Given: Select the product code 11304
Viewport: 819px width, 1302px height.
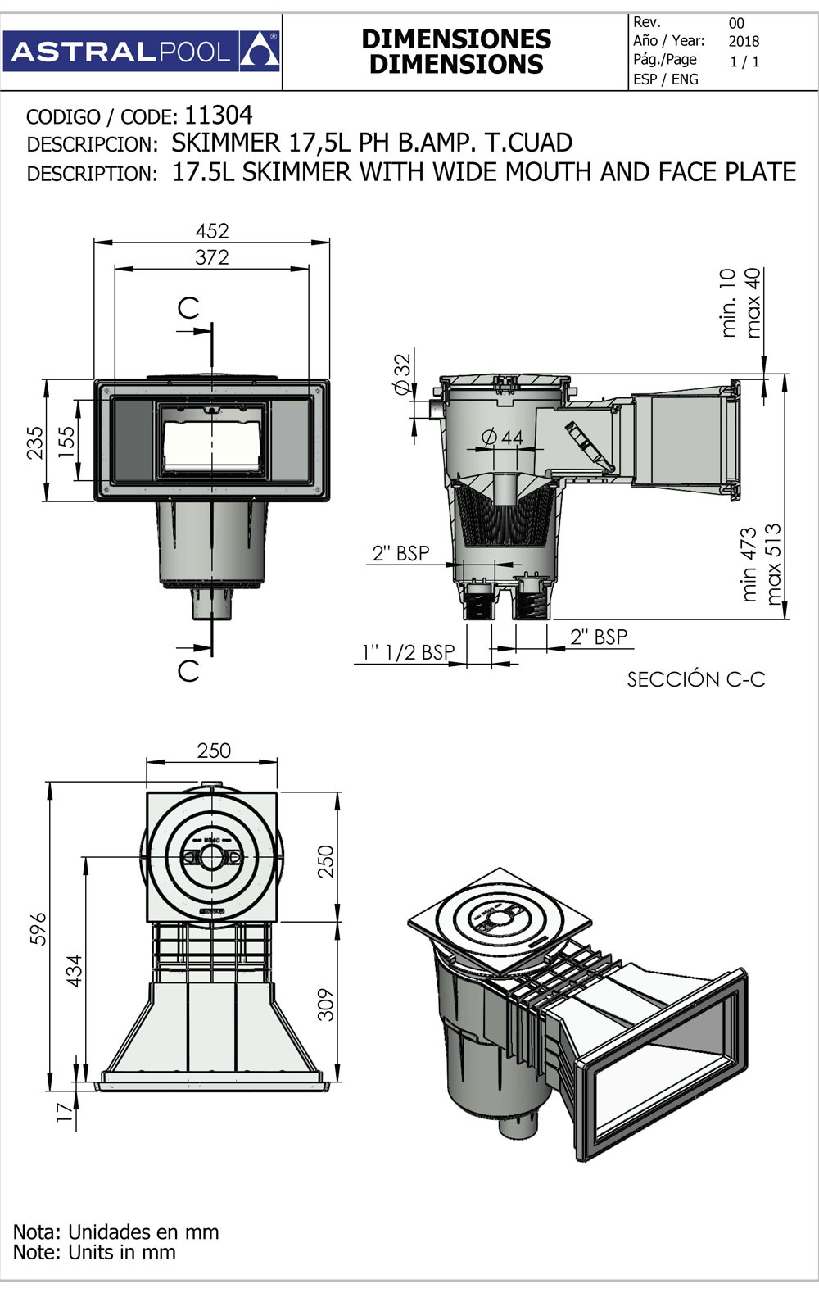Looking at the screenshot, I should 219,115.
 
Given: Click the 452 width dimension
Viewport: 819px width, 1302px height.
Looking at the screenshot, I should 212,231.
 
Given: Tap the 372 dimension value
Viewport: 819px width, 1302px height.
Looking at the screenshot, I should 212,257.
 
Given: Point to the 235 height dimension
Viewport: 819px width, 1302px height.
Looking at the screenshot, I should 35,442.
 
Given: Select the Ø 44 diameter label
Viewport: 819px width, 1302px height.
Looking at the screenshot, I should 503,438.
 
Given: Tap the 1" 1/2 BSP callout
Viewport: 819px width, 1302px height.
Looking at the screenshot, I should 408,652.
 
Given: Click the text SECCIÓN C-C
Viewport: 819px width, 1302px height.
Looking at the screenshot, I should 695,679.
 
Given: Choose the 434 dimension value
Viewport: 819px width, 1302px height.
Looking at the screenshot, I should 75,971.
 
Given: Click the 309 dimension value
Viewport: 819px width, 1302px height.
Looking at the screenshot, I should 326,1005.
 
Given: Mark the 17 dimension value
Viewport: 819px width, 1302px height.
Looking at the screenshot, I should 65,1113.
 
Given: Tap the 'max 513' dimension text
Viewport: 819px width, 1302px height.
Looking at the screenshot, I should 774,565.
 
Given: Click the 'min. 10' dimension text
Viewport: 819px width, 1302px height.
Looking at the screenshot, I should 728,303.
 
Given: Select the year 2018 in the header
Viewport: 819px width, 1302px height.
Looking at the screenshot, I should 744,41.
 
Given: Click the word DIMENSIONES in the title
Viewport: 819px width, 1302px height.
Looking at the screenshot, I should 456,39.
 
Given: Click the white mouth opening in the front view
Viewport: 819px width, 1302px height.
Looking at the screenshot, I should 211,442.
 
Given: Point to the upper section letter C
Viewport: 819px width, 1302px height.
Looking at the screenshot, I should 188,308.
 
